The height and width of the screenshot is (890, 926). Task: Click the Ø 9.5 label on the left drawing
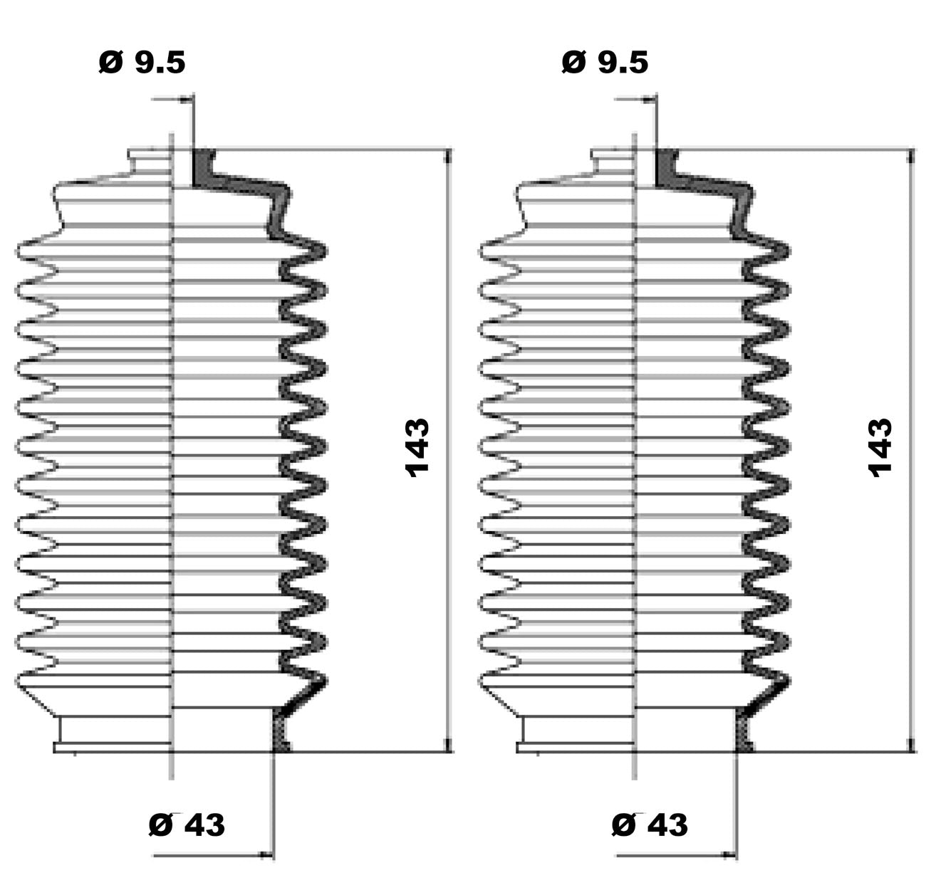pos(142,63)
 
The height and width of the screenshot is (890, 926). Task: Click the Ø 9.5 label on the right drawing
pos(605,63)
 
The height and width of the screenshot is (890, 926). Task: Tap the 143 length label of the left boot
pos(417,448)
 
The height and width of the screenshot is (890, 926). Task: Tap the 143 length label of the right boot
pos(880,448)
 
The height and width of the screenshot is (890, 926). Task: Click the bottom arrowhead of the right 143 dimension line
pos(910,745)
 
